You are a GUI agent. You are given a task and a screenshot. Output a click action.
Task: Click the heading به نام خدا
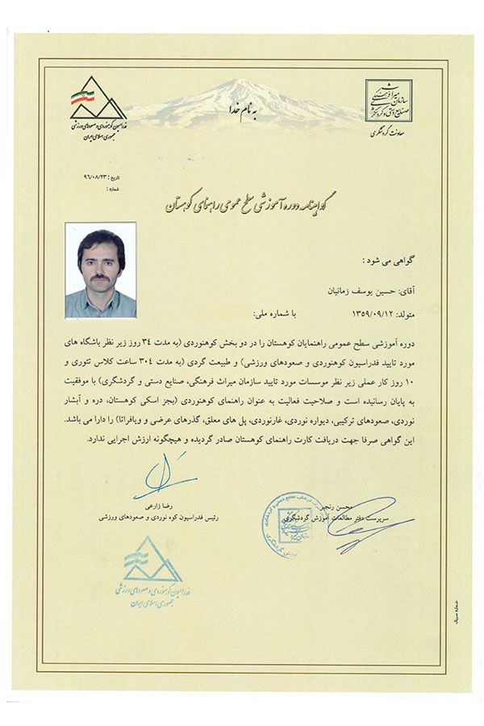[242, 115]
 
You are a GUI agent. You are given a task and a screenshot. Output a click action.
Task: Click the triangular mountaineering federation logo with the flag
[98, 97]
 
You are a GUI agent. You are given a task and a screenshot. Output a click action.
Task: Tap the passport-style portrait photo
[101, 270]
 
